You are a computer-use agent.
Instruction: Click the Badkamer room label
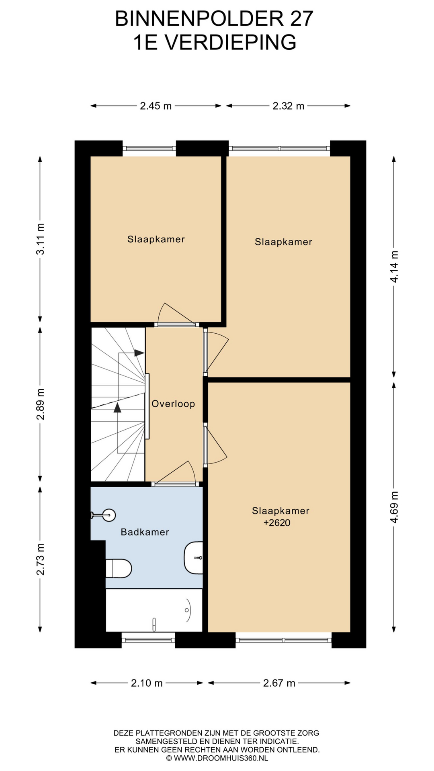[x=145, y=532]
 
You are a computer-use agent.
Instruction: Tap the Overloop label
[x=173, y=404]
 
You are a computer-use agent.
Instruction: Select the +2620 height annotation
[x=277, y=523]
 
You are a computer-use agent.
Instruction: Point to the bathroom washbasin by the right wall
[x=193, y=558]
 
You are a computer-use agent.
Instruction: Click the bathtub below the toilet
[x=154, y=610]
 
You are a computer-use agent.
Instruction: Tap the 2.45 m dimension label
[x=156, y=106]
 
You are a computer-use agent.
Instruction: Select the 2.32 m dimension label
[x=289, y=106]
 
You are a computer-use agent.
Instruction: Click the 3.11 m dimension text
[x=40, y=239]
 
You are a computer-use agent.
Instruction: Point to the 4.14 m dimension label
[x=394, y=267]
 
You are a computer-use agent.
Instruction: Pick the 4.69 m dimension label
[x=394, y=507]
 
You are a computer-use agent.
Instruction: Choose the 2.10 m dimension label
[x=147, y=683]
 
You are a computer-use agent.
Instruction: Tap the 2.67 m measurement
[x=279, y=683]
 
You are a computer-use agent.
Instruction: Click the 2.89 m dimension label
[x=40, y=404]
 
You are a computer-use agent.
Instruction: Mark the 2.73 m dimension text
[x=40, y=559]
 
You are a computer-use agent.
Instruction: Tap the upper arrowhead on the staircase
[x=139, y=353]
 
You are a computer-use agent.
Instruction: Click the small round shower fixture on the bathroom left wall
[x=108, y=515]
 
